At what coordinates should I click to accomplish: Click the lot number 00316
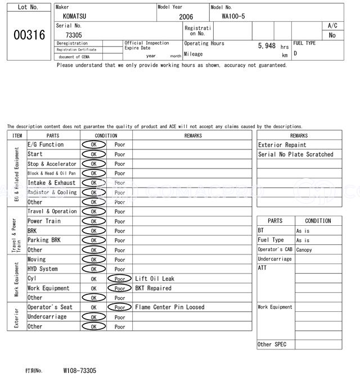click(x=29, y=35)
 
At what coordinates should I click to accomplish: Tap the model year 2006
click(x=186, y=17)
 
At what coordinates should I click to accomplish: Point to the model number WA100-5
click(x=233, y=17)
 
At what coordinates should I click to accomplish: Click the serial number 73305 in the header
click(x=74, y=35)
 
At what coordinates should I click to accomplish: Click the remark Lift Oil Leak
click(x=155, y=279)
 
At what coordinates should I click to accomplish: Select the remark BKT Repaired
click(x=153, y=288)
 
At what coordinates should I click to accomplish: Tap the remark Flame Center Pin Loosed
click(x=170, y=307)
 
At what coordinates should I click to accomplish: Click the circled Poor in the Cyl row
click(x=119, y=279)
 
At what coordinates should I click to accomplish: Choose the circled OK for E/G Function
click(x=93, y=145)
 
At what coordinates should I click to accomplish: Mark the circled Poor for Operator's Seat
click(x=119, y=307)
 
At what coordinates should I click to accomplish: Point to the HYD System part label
click(x=43, y=269)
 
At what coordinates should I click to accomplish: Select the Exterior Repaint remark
click(x=282, y=145)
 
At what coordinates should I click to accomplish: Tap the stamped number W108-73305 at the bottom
click(x=79, y=371)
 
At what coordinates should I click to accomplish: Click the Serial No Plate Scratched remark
click(x=295, y=154)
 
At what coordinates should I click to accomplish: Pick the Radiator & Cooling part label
click(x=52, y=193)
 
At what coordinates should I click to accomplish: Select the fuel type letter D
click(x=295, y=53)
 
